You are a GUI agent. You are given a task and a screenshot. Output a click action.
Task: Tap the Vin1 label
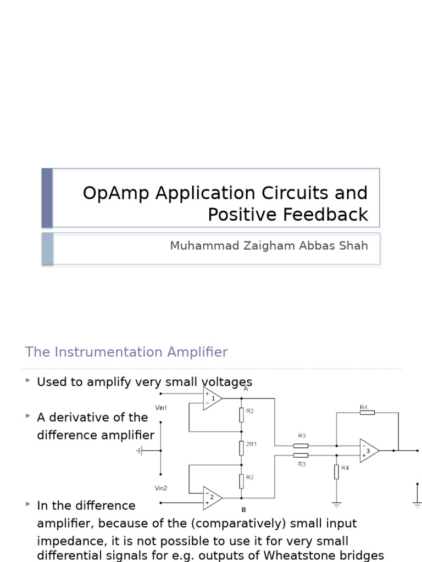click(161, 408)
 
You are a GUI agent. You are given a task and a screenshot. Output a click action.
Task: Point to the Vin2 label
click(161, 488)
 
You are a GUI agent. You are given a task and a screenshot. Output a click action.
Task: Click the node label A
click(246, 389)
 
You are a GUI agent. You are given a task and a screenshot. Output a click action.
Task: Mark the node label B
click(243, 509)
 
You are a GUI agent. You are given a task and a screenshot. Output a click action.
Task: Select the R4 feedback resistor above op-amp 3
click(367, 412)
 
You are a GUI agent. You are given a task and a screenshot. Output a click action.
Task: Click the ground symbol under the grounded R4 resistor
click(336, 504)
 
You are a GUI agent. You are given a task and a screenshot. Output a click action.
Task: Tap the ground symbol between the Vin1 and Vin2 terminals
click(140, 451)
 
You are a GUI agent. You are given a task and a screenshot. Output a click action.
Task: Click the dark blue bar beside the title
click(47, 198)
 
